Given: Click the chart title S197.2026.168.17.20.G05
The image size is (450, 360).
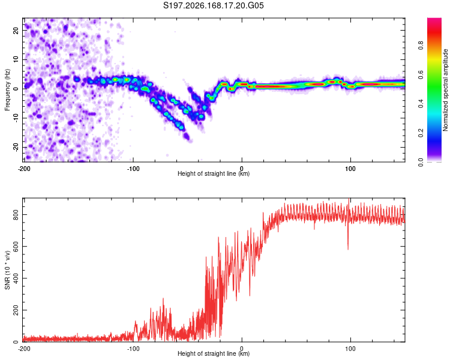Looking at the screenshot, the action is [x=213, y=5].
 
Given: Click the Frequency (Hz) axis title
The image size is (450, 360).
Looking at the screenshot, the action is [x=7, y=90].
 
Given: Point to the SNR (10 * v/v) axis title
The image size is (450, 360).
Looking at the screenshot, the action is [x=7, y=270].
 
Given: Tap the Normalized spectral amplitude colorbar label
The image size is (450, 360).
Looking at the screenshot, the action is [x=445, y=90].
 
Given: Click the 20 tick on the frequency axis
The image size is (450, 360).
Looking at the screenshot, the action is [x=16, y=30].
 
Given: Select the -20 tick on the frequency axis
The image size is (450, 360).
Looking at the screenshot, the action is [x=16, y=147].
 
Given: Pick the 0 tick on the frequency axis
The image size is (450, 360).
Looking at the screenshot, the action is [x=16, y=89].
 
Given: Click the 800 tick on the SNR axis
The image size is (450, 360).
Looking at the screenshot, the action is [x=16, y=214].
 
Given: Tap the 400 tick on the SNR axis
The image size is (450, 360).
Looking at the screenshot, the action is [x=16, y=278].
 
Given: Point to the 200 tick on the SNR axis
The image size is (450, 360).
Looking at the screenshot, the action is [x=16, y=310].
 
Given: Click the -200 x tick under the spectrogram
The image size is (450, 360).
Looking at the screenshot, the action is [x=24, y=169].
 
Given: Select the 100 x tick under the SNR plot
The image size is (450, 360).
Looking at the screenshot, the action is [x=350, y=349].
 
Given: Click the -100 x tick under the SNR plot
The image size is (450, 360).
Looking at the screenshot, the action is [x=133, y=349].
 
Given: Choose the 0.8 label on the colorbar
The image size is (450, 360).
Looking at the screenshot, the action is [x=421, y=46].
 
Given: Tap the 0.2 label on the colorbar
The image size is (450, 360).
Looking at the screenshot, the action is [x=421, y=133].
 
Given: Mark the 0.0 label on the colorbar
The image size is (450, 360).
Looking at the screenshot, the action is [x=421, y=162].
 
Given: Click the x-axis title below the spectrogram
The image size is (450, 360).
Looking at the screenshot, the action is [x=214, y=173].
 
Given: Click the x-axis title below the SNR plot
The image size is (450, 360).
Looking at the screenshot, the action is [x=214, y=353].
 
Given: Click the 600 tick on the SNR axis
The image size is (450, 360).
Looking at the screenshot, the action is [x=16, y=247].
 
